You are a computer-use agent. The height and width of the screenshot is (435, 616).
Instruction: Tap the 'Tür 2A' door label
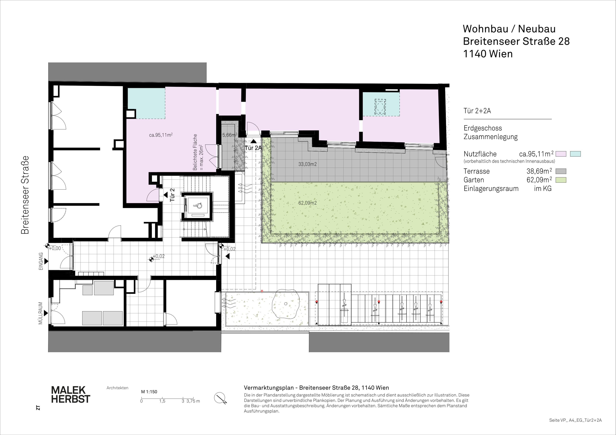click(253, 148)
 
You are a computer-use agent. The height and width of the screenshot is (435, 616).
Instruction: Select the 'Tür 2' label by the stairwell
click(172, 195)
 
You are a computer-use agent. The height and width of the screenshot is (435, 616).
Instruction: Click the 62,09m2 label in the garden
click(307, 203)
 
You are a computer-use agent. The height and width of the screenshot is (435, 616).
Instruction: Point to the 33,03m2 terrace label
click(307, 164)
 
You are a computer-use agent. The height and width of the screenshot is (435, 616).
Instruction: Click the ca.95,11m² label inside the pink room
click(161, 135)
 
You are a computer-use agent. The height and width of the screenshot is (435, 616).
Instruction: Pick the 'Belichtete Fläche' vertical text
click(195, 152)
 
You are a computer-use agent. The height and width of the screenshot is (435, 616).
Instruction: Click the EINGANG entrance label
click(41, 261)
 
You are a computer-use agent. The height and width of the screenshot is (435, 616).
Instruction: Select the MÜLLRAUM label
click(40, 313)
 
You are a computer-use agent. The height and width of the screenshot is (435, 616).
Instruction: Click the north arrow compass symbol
click(220, 398)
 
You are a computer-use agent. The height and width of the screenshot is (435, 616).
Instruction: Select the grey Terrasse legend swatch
click(561, 171)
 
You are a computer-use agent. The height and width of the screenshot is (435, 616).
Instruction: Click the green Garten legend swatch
click(561, 180)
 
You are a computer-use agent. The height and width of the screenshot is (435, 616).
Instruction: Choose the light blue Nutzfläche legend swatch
click(575, 154)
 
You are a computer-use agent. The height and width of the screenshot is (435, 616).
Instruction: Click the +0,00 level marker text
click(55, 248)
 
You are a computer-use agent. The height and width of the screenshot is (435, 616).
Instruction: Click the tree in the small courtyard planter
click(286, 304)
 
